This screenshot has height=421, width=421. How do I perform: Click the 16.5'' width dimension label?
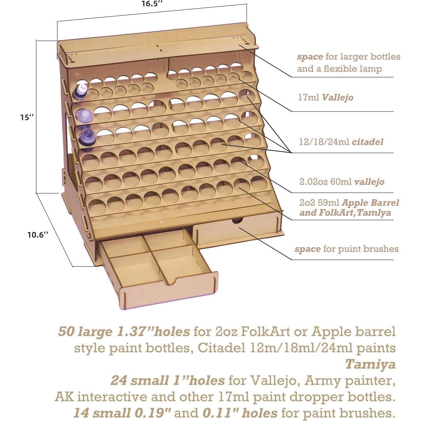click(152, 4)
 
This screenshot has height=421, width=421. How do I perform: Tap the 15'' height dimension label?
click(27, 117)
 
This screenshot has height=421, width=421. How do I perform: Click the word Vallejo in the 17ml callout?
click(337, 97)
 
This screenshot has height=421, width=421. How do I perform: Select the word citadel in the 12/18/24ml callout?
click(367, 142)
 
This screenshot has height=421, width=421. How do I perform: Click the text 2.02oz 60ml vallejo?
click(342, 182)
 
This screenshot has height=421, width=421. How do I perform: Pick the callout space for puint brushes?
click(346, 249)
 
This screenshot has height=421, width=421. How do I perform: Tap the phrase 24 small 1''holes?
click(167, 380)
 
